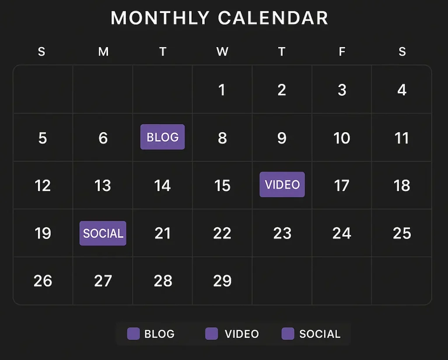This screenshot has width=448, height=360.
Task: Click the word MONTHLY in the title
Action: pyautogui.click(x=160, y=18)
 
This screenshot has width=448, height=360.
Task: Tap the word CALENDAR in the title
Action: pyautogui.click(x=273, y=18)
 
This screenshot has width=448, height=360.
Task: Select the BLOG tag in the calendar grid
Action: pyautogui.click(x=163, y=137)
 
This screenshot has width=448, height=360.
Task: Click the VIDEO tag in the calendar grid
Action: pyautogui.click(x=282, y=185)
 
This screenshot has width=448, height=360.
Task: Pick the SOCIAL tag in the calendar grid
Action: pyautogui.click(x=103, y=233)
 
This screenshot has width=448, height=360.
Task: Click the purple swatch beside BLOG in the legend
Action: pyautogui.click(x=133, y=334)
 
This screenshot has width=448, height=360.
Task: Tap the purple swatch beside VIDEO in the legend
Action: pyautogui.click(x=211, y=334)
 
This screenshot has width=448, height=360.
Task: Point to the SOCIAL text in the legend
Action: pyautogui.click(x=320, y=334)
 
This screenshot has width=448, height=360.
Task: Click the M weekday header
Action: pyautogui.click(x=103, y=52)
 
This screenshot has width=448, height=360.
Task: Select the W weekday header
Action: pyautogui.click(x=222, y=52)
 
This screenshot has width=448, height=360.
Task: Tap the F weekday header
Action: pyautogui.click(x=342, y=52)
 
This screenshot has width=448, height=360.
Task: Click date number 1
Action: pyautogui.click(x=222, y=90)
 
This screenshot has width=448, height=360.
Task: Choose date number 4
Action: pyautogui.click(x=402, y=90)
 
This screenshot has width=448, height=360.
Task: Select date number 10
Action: pyautogui.click(x=342, y=138)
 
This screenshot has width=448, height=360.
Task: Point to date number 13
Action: pyautogui.click(x=102, y=186)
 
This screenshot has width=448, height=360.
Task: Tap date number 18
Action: pyautogui.click(x=402, y=186)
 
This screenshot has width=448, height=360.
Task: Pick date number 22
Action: pyautogui.click(x=222, y=233)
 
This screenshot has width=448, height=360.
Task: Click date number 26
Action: pyautogui.click(x=43, y=281)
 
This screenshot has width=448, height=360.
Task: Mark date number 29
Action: pyautogui.click(x=222, y=281)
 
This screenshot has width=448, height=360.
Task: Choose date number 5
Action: pyautogui.click(x=42, y=138)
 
